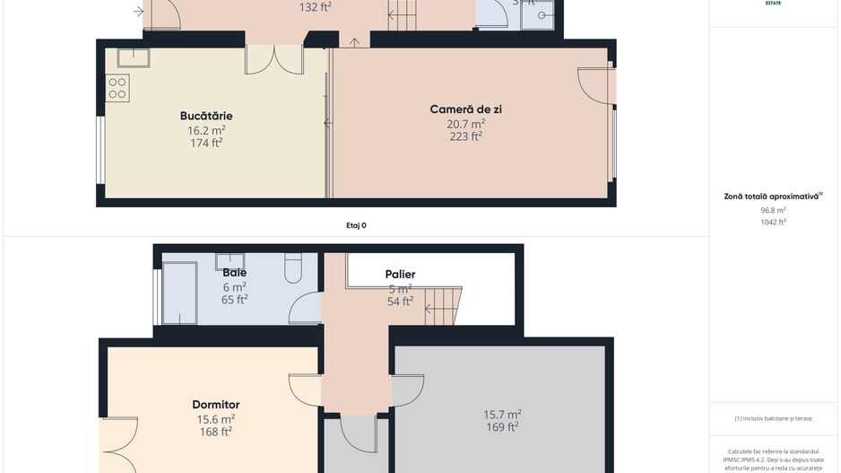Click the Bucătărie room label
coord(206,116)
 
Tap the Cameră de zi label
coord(465,109)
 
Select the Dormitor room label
coord(215,405)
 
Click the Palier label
coord(400,275)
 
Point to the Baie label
coord(234,273)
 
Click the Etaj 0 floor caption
coord(356,225)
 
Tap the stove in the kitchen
coord(118,87)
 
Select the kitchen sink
coord(133,57)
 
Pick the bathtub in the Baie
coord(178,293)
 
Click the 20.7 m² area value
coord(465,124)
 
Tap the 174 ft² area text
coord(206,143)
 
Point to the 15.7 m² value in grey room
coord(502,415)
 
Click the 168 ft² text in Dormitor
coord(215,432)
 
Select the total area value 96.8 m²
coord(773,210)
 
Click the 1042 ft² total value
coord(773,222)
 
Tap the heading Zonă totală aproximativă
coord(772,196)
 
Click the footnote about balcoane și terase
coord(772,418)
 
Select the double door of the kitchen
coord(273,60)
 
